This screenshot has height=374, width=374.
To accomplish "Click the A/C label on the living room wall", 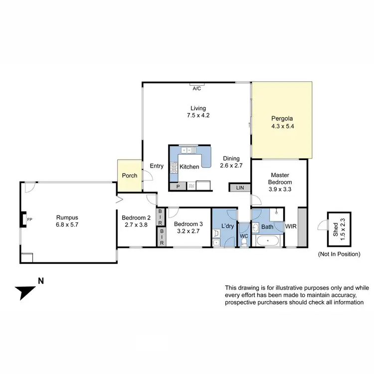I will [x=197, y=88].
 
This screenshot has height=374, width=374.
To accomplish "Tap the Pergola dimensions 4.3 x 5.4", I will [x=282, y=127].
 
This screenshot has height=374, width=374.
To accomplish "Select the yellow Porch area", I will [x=129, y=176].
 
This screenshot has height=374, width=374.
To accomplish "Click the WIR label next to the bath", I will [x=290, y=226].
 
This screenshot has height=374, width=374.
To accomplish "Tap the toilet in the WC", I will [x=243, y=241].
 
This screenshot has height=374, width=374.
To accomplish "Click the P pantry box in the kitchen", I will [x=177, y=187].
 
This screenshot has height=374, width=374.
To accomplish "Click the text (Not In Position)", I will [x=339, y=254].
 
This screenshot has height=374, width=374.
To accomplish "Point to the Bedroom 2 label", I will [x=136, y=217].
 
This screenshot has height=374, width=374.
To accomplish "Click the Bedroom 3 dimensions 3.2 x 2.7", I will [x=188, y=231].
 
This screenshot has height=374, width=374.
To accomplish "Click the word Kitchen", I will [x=189, y=167].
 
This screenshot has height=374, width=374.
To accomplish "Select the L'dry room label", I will [x=228, y=227].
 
